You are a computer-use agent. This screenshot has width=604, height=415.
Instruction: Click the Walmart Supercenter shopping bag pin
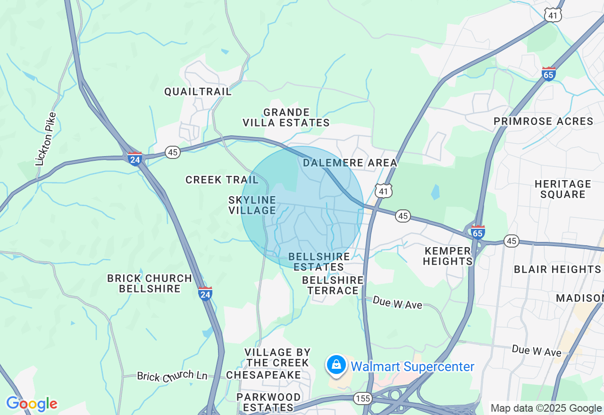coord(336,365)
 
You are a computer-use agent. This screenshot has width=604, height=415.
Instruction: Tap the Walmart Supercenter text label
coord(412,367)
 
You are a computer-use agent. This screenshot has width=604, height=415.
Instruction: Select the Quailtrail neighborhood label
coord(198,91)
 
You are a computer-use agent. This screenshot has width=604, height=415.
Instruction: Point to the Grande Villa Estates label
coord(286,117)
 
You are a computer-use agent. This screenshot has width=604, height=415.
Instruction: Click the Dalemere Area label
coord(350,163)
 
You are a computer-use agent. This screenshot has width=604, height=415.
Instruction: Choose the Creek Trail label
coord(222,180)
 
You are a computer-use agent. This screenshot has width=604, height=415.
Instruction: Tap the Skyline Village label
coord(252,205)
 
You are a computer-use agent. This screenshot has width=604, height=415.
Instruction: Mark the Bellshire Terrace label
coord(333,285)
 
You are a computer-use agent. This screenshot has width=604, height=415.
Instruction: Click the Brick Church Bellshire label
coord(150,283)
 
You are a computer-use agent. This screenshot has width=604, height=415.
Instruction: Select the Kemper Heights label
coord(447,256)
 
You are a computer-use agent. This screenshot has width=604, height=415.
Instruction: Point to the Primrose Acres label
coord(543,121)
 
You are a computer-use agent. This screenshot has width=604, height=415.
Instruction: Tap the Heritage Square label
coord(562,189)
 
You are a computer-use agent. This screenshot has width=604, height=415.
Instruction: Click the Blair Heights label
coord(557,269)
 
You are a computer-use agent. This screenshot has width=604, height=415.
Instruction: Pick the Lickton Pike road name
coord(47,139)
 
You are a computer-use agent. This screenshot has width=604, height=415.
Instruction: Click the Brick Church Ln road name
coord(172,376)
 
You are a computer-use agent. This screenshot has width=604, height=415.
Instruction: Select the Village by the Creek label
coord(277,357)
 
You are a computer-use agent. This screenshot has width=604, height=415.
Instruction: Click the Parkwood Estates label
coord(268,402)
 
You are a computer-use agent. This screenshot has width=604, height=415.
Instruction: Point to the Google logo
coord(32,404)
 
